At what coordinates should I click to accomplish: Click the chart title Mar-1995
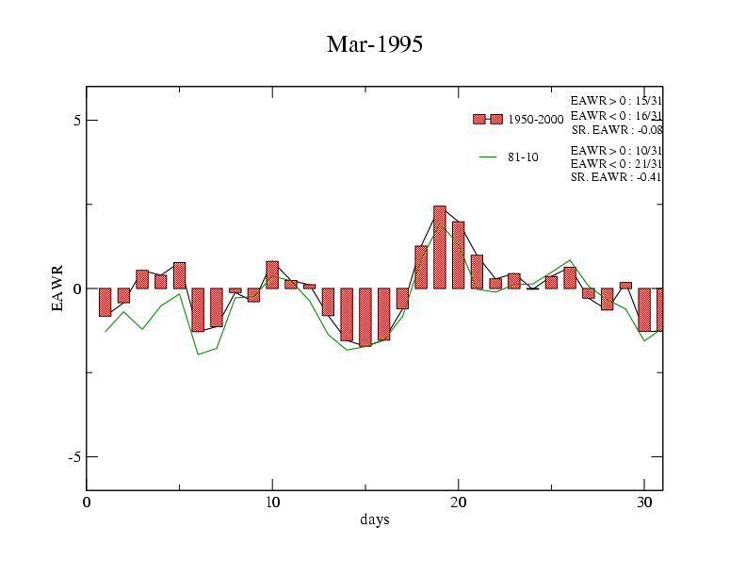point(374,44)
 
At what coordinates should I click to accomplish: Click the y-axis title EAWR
point(57,288)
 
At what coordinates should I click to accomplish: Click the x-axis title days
point(374,519)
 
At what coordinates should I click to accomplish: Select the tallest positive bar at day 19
point(440,247)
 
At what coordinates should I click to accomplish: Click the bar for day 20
point(459,255)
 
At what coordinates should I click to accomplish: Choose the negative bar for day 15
point(365,317)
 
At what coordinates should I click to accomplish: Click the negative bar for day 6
point(198,309)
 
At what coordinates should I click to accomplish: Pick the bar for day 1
point(105,302)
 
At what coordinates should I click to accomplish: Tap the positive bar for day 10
point(272,274)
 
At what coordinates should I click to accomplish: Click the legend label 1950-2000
point(535,120)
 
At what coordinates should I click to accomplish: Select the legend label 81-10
point(523,157)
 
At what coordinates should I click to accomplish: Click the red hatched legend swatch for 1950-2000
point(487,119)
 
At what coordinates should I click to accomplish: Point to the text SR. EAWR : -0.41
point(616,177)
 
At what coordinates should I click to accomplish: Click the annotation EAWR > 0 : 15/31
point(616,100)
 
